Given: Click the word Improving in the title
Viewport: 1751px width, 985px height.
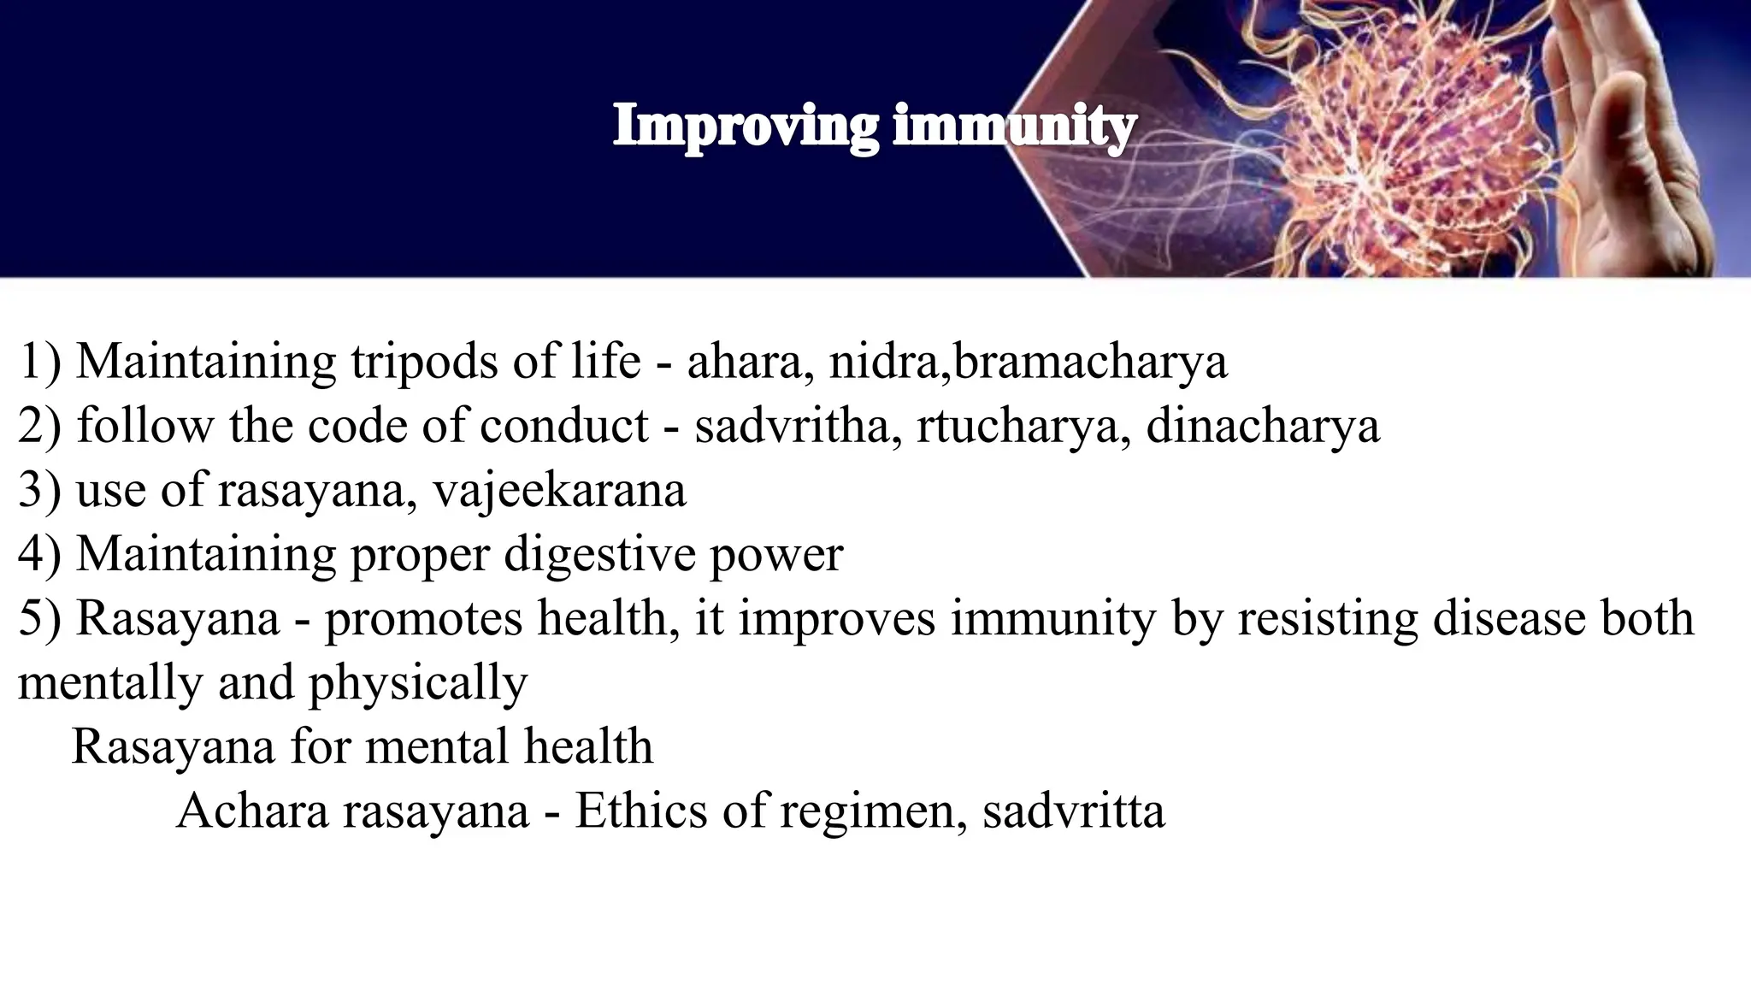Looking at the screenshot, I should tap(745, 127).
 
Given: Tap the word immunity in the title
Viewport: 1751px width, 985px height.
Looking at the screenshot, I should tap(1014, 127).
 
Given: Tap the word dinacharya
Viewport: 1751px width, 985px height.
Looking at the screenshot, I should tap(1262, 425).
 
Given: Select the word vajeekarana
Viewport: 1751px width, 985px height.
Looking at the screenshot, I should tap(559, 490).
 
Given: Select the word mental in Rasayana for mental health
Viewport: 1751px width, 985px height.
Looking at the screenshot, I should tap(437, 746).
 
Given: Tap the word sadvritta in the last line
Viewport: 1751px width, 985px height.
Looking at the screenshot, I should tap(1073, 810).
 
